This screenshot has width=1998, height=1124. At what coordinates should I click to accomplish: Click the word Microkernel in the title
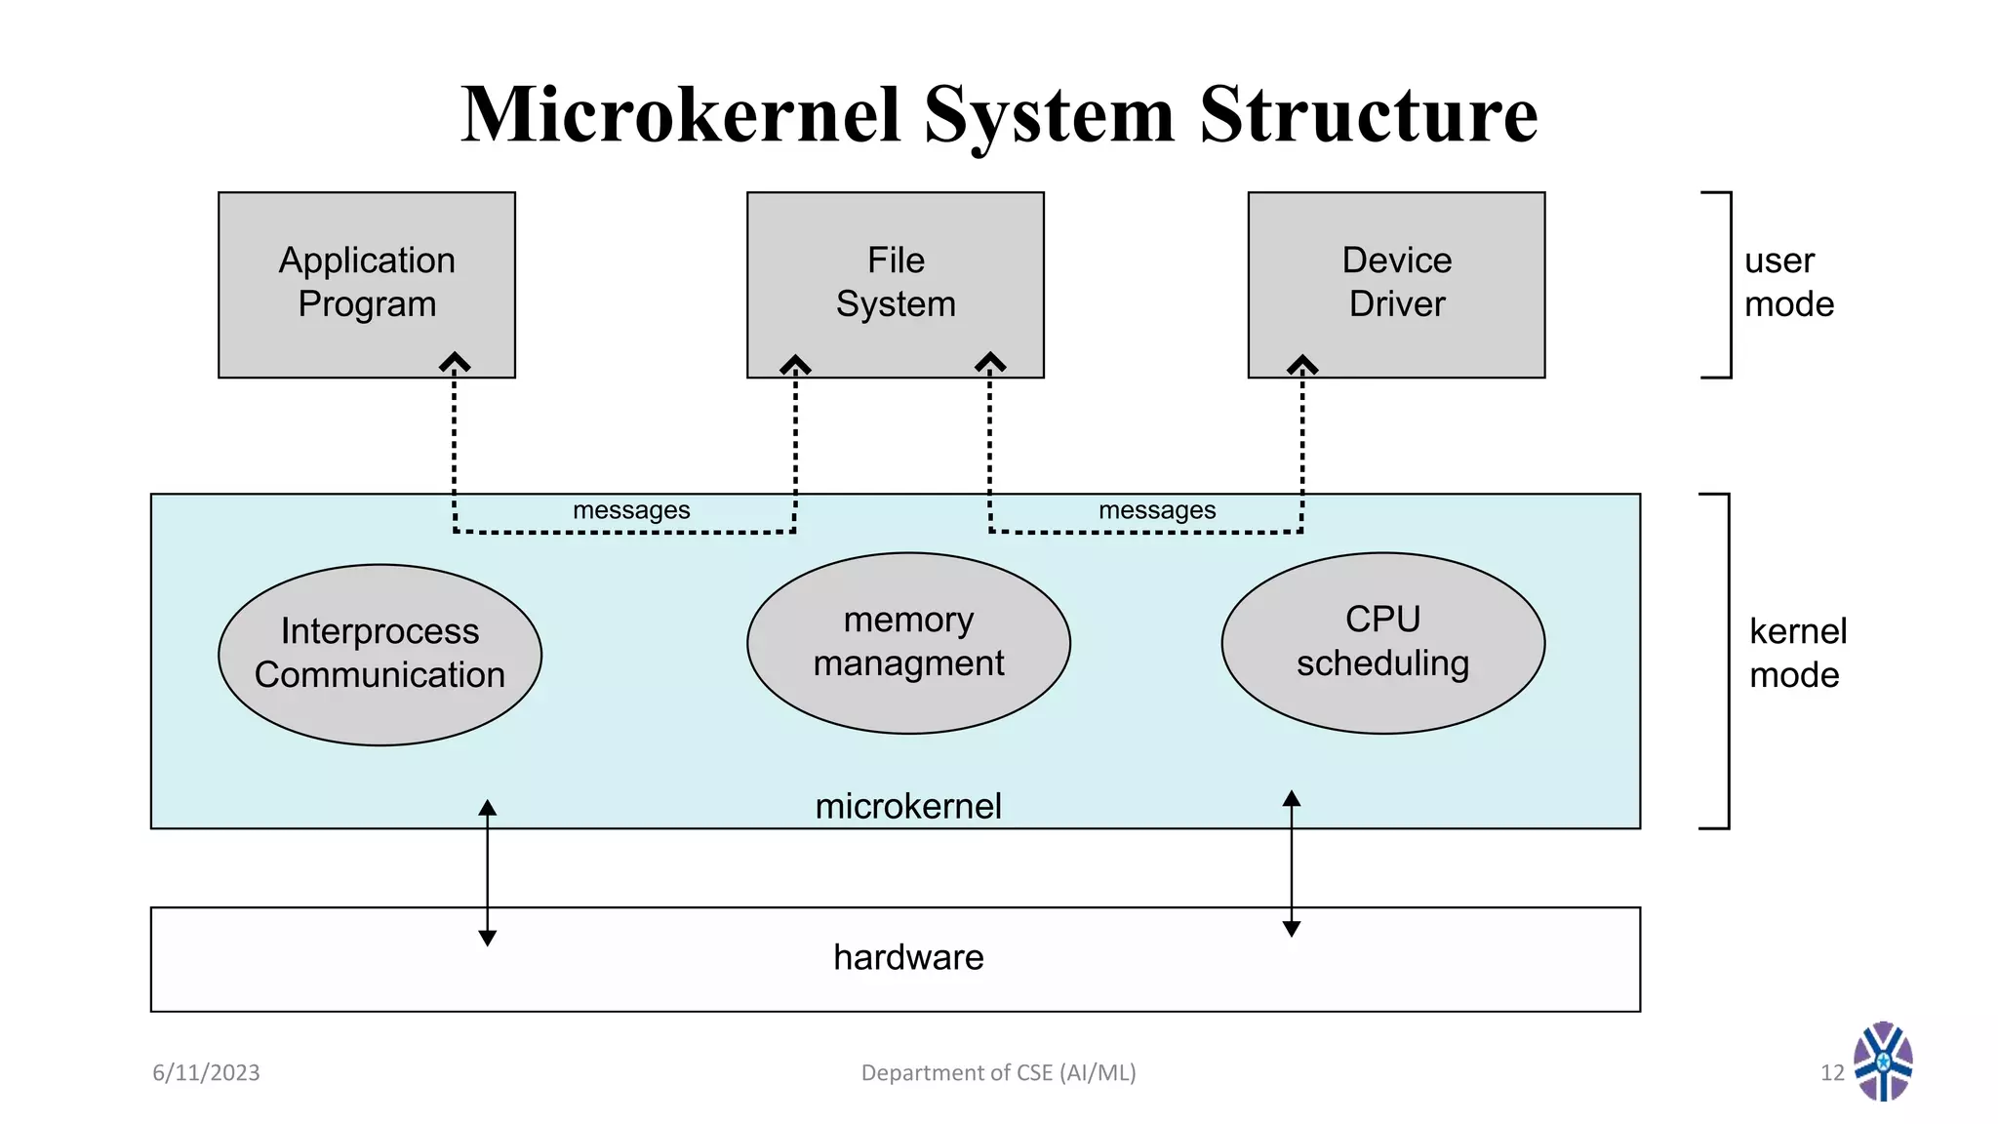point(680,115)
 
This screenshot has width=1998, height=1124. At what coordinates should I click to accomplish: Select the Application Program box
point(366,283)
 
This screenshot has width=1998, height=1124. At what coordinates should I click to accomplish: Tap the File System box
point(895,283)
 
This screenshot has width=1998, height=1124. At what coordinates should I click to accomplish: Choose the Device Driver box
point(1396,283)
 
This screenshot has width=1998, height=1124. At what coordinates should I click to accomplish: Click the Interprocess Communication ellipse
point(380,654)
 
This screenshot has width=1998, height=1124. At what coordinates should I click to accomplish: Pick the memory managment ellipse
point(908,642)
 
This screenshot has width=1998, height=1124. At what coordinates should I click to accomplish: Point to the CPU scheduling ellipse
point(1382,642)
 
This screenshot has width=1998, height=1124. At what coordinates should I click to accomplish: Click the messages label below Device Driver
point(1157,510)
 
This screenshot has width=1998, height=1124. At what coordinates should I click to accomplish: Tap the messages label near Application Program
point(631,510)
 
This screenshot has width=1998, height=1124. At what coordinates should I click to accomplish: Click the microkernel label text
point(908,806)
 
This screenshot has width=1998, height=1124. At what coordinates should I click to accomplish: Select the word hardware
point(908,957)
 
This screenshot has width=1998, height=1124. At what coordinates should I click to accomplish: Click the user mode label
point(1788,283)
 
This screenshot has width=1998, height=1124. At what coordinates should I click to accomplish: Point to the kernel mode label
point(1797,653)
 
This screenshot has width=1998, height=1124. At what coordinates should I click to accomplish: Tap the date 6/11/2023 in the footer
point(206,1072)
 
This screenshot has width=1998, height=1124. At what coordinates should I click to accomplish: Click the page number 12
point(1831,1072)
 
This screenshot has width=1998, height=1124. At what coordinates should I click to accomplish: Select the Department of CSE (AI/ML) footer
point(998,1072)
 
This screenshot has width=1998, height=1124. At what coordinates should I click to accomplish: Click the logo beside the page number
point(1883,1062)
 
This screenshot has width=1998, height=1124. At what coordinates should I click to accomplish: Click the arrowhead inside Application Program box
point(455,362)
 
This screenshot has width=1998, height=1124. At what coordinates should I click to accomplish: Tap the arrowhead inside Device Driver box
point(1302,364)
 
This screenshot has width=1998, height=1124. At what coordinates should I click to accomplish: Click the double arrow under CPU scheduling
point(1291,863)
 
